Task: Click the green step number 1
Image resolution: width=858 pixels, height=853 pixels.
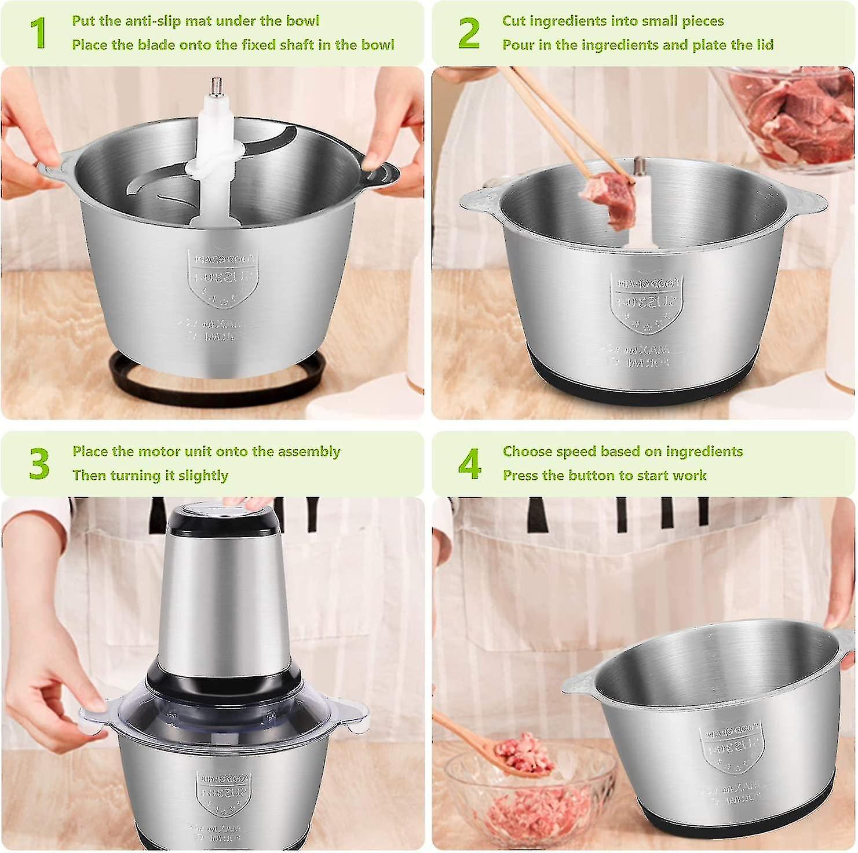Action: click(x=38, y=33)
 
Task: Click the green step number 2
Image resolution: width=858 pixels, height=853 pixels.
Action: click(x=469, y=33)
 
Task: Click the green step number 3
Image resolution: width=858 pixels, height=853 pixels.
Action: click(x=39, y=464)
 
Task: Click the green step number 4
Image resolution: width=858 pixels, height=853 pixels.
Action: click(x=469, y=464)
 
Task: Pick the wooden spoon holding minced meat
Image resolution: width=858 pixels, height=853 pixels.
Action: click(x=498, y=748)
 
